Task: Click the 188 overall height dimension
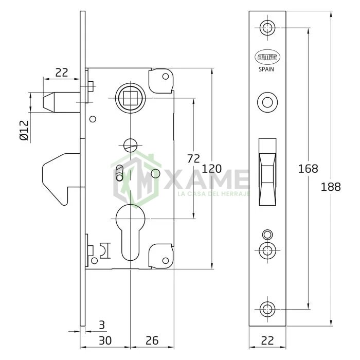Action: tap(330, 187)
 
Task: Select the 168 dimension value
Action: tap(308, 169)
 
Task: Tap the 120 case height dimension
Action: tap(211, 169)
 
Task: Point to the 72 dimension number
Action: tap(193, 158)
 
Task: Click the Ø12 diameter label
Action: tap(24, 130)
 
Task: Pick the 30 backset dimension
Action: tap(105, 340)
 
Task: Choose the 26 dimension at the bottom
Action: tap(152, 340)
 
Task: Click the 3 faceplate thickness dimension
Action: tap(102, 325)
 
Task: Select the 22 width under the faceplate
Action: tap(267, 340)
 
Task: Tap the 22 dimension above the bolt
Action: tap(62, 73)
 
